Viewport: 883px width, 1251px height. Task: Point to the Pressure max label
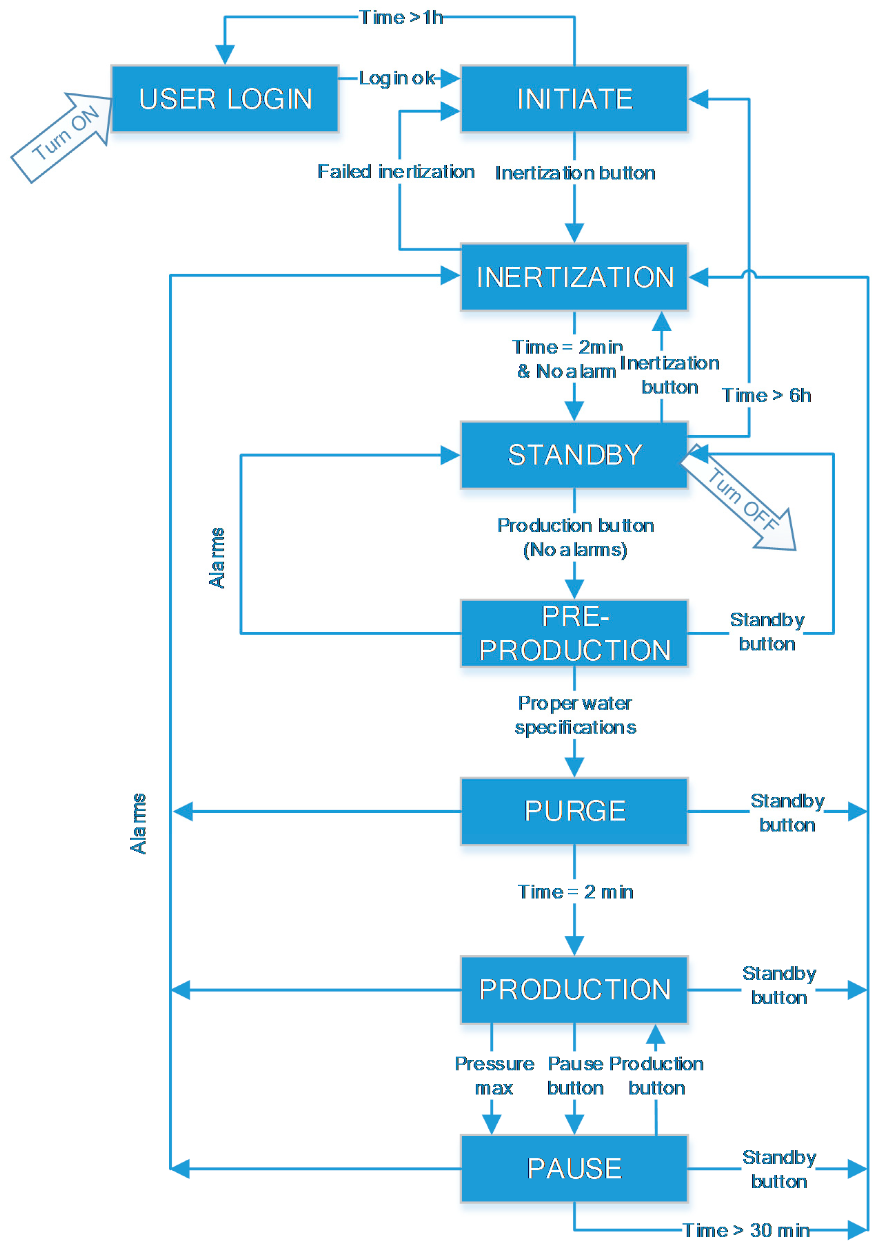494,1076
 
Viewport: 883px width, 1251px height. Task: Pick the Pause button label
575,1076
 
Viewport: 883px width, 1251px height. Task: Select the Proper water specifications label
575,715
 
